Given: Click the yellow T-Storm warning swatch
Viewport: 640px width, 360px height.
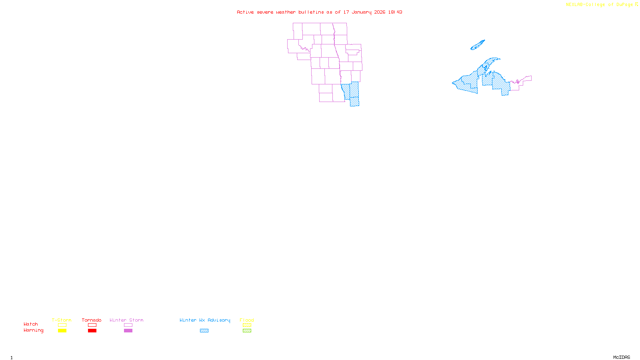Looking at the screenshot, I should click(x=62, y=331).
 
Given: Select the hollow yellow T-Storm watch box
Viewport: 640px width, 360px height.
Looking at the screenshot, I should click(x=62, y=325).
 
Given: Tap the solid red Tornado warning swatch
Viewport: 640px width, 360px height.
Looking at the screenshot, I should click(x=92, y=331).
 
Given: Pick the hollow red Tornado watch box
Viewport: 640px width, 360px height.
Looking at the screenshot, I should click(x=92, y=325).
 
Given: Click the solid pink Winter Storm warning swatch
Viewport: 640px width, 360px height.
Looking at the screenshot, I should click(x=128, y=331).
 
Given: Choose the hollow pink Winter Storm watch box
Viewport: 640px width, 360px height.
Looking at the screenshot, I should click(x=128, y=325).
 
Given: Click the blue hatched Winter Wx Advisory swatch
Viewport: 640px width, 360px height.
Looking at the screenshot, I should click(x=204, y=331).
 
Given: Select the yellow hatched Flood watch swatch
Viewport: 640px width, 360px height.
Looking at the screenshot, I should click(x=247, y=325).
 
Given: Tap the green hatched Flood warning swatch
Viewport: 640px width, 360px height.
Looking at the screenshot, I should click(x=247, y=331).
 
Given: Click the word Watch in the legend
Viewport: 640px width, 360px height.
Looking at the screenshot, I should click(x=31, y=324).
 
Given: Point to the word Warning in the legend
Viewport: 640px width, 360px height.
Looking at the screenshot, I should click(x=33, y=330).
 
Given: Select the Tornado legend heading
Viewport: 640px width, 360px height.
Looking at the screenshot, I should click(x=92, y=320).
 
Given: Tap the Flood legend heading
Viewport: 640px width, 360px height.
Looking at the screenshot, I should click(x=247, y=320).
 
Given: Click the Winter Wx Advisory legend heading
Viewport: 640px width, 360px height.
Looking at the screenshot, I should click(x=205, y=320).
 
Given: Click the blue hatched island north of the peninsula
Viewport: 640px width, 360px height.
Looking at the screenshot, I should click(x=478, y=45).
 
